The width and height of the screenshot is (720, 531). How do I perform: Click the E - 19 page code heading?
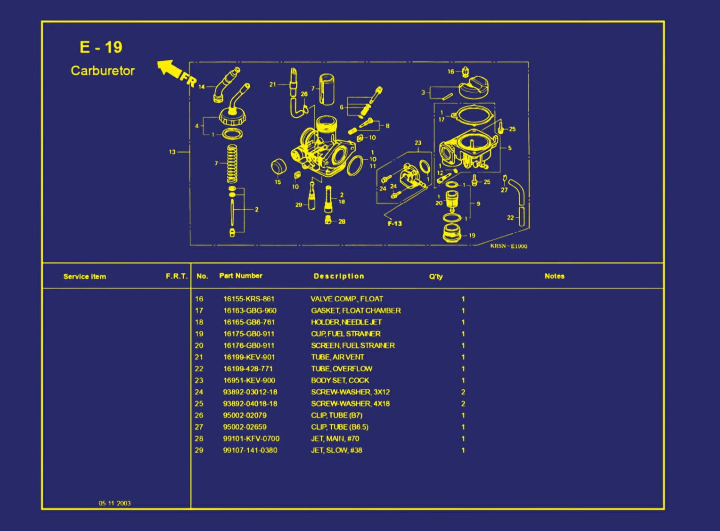click(x=101, y=48)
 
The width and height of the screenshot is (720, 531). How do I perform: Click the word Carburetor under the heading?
click(x=103, y=71)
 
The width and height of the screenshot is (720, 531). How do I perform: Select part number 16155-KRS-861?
click(x=248, y=299)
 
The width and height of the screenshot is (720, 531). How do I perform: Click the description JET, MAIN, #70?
click(x=335, y=439)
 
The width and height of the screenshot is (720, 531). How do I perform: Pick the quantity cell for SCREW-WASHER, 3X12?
click(x=463, y=392)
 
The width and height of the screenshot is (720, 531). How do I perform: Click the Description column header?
click(x=339, y=276)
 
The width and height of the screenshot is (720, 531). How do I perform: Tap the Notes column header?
click(x=554, y=276)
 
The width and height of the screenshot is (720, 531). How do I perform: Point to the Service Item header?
click(x=85, y=277)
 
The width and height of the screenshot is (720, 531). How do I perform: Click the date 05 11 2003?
click(x=115, y=503)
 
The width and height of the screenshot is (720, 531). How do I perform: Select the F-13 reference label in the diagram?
click(x=395, y=223)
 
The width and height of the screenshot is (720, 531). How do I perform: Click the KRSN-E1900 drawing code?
click(x=508, y=246)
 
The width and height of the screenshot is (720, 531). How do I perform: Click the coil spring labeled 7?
click(x=232, y=164)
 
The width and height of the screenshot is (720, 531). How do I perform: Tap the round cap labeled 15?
click(x=278, y=166)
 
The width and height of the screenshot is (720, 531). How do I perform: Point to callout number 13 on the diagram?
click(x=172, y=152)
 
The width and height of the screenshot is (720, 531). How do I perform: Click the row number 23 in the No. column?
click(x=199, y=380)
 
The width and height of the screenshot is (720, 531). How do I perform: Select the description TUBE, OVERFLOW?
click(x=341, y=368)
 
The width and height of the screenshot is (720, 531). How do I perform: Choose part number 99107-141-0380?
click(x=250, y=450)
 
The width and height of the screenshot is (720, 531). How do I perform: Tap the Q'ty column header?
click(x=435, y=277)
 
